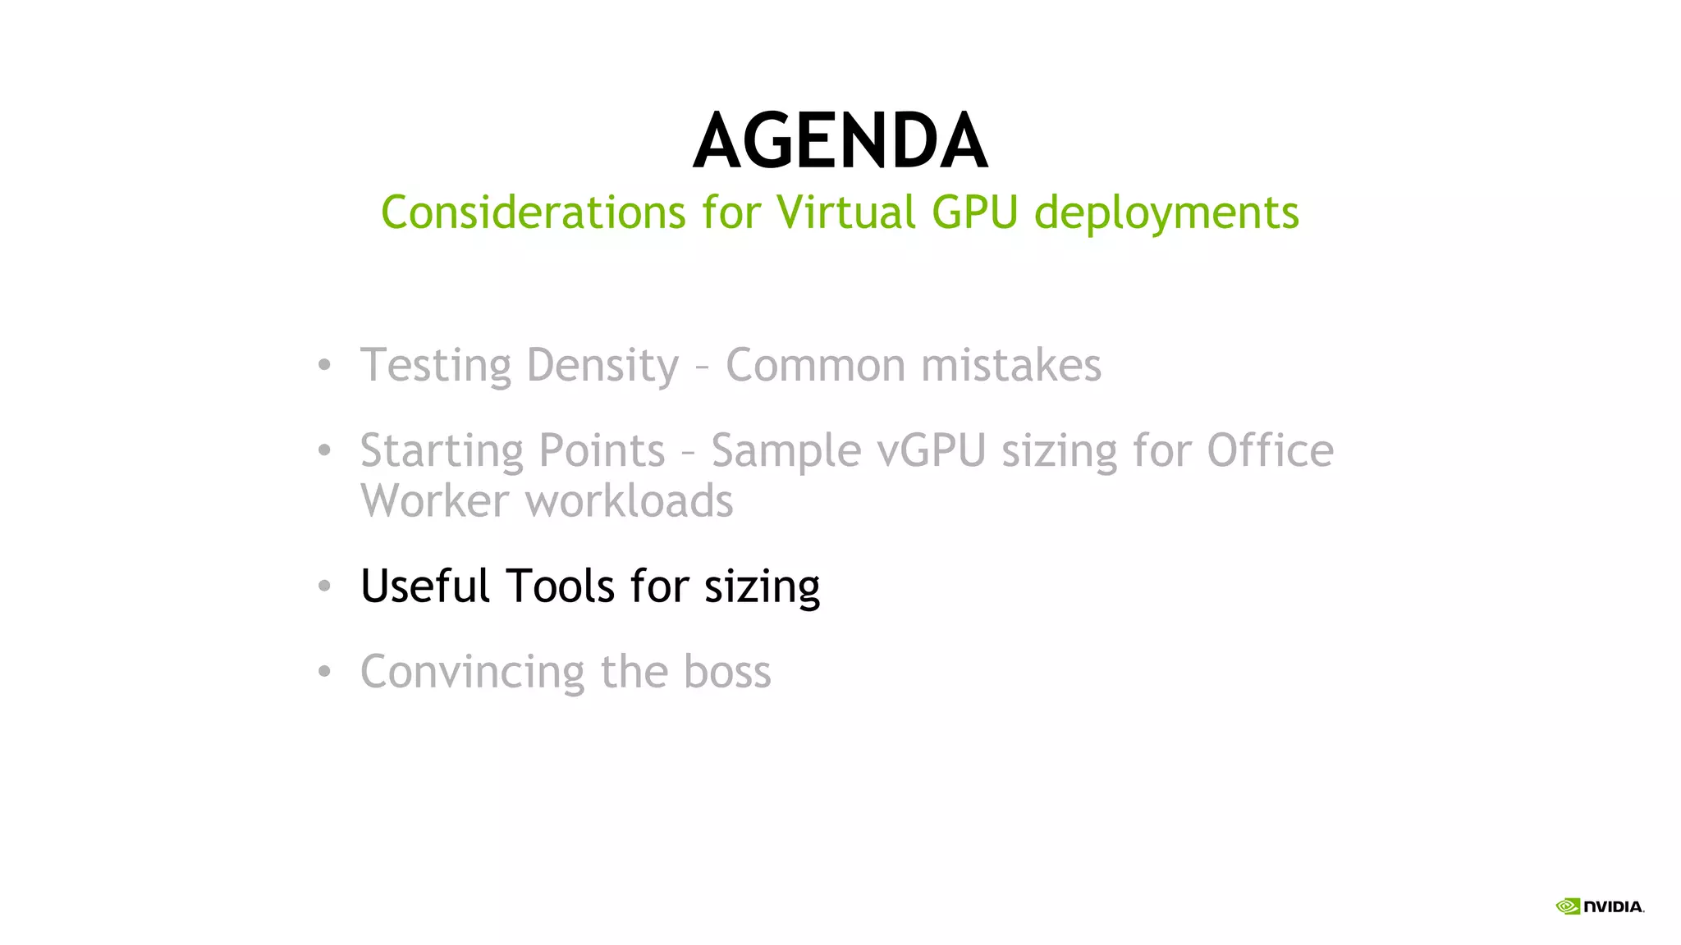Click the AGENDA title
click(x=840, y=141)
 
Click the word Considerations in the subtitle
click(x=533, y=212)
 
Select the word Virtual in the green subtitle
click(x=845, y=212)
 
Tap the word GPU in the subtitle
click(x=974, y=212)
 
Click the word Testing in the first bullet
click(x=435, y=366)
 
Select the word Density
click(x=602, y=366)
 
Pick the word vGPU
click(x=931, y=451)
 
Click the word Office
click(x=1270, y=450)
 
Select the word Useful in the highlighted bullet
click(x=425, y=586)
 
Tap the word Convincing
click(x=473, y=673)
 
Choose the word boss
click(x=727, y=672)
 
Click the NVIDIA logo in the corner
click(x=1600, y=906)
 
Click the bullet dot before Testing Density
click(x=324, y=365)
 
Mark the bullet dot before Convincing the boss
click(x=324, y=672)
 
